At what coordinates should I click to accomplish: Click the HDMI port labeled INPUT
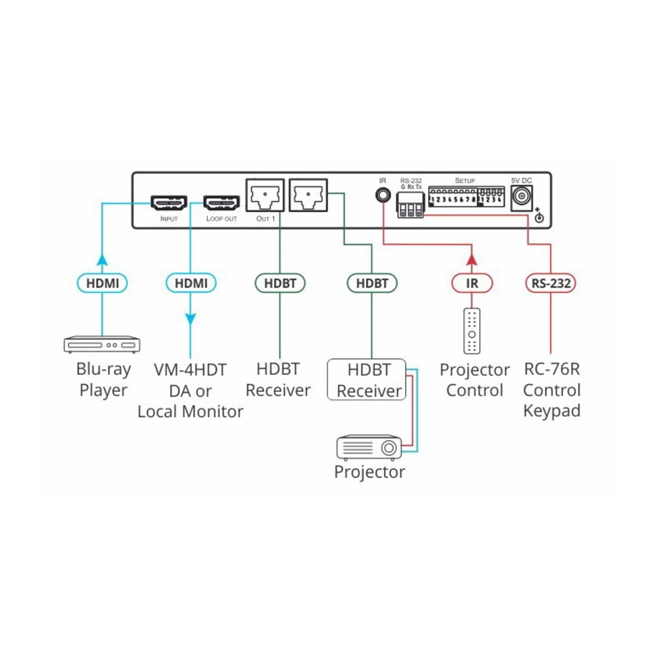click(169, 202)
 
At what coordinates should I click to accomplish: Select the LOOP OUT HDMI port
click(221, 202)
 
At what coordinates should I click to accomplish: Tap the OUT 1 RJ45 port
click(265, 194)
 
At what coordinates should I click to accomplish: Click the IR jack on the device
click(382, 194)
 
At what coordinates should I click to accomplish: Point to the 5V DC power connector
click(522, 196)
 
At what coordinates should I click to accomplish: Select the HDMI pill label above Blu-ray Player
click(102, 283)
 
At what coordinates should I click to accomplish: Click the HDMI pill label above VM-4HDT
click(190, 283)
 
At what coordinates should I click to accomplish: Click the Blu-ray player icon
click(102, 344)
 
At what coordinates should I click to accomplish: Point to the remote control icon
click(472, 330)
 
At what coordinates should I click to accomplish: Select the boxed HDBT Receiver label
click(369, 379)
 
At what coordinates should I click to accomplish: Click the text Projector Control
click(474, 380)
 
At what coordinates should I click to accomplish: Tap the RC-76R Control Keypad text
click(552, 390)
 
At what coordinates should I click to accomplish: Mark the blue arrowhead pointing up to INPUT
click(102, 259)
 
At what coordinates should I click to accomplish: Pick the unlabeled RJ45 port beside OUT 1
click(308, 194)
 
